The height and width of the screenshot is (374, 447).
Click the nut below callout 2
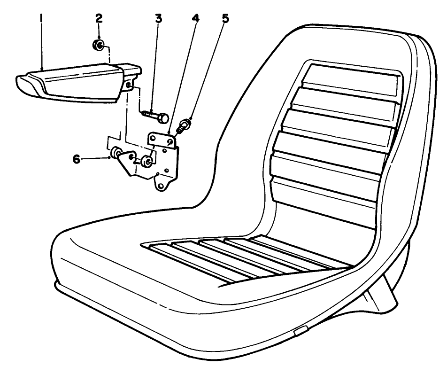coord(99,46)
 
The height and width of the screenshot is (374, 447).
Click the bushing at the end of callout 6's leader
coord(116,153)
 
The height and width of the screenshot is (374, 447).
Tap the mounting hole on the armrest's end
coord(129,85)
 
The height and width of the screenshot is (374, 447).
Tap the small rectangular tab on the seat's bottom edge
coord(299,333)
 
